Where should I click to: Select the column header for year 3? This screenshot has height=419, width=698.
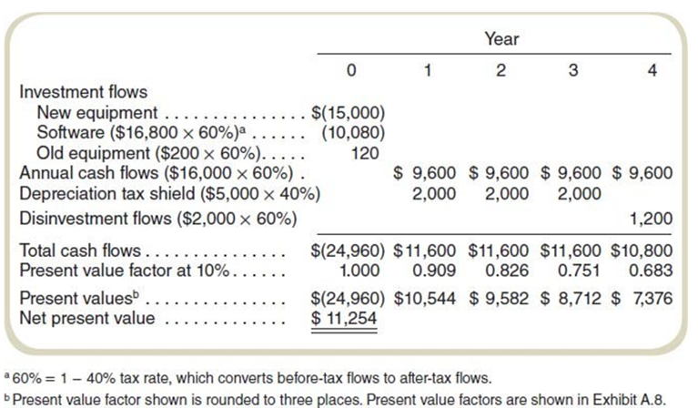572,71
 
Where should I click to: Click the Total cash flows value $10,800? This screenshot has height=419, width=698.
643,250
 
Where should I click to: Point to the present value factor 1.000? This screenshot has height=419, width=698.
364,270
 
